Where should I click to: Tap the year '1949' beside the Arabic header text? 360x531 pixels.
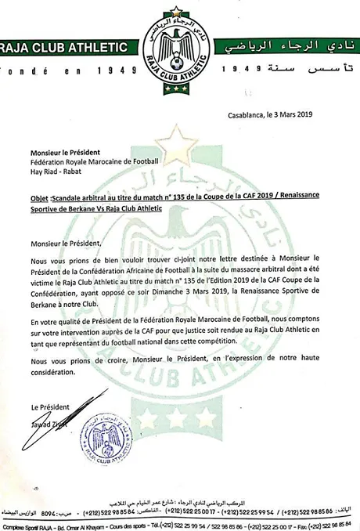[x=243, y=70]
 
